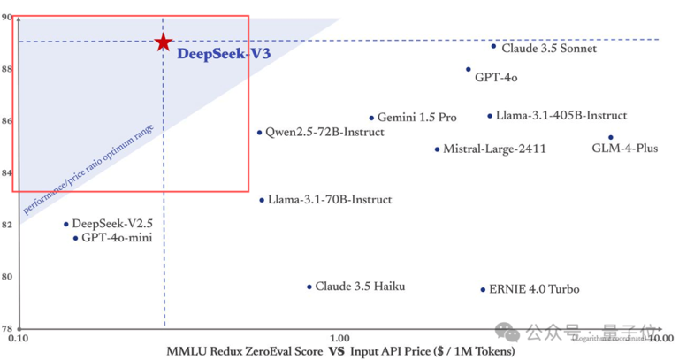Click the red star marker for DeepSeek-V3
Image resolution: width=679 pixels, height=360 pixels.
pyautogui.click(x=163, y=42)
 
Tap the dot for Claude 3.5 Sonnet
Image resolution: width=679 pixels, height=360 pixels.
pyautogui.click(x=493, y=46)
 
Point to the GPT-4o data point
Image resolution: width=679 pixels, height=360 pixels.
pyautogui.click(x=469, y=69)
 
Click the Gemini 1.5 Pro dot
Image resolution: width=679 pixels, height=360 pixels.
pyautogui.click(x=371, y=118)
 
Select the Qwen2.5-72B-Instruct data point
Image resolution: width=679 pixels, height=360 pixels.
pyautogui.click(x=259, y=133)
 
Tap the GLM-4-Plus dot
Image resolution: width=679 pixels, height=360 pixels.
pyautogui.click(x=610, y=138)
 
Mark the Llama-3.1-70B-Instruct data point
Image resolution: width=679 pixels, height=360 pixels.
pyautogui.click(x=262, y=200)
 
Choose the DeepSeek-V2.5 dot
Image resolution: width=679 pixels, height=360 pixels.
pyautogui.click(x=65, y=225)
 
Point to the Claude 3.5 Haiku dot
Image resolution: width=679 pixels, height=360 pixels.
pyautogui.click(x=309, y=287)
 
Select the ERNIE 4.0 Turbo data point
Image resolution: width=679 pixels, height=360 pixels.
pyautogui.click(x=483, y=289)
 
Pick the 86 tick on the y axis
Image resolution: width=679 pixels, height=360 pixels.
pyautogui.click(x=6, y=120)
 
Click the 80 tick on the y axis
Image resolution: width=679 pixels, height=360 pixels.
pyautogui.click(x=6, y=277)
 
